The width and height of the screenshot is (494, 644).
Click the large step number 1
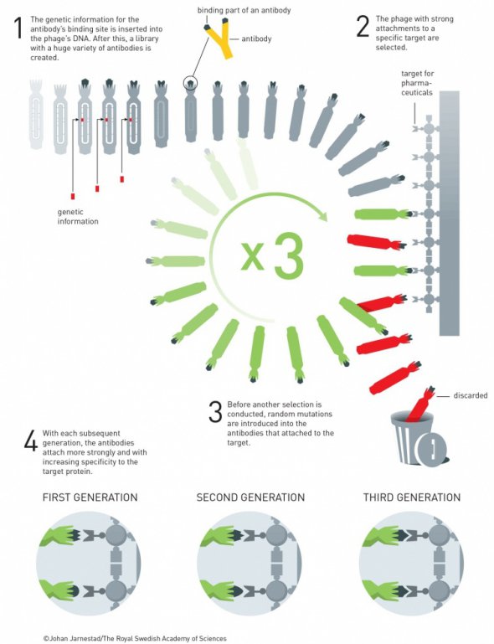[x=18, y=28]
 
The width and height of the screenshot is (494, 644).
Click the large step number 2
[x=363, y=27]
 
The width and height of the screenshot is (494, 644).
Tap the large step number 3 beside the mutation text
[x=215, y=412]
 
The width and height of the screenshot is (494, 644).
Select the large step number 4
[x=31, y=441]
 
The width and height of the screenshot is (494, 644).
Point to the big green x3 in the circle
[x=272, y=255]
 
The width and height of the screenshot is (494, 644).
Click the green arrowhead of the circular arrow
[x=322, y=214]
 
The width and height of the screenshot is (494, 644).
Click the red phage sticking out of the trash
[x=419, y=404]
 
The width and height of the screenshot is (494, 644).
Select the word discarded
[x=471, y=395]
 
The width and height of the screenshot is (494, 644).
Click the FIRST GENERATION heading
[x=90, y=497]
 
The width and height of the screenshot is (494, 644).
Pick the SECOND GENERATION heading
[x=250, y=497]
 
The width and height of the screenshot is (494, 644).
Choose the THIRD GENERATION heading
[x=412, y=497]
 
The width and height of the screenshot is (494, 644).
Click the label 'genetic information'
[x=78, y=216]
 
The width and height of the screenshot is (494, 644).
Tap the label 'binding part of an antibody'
[x=244, y=10]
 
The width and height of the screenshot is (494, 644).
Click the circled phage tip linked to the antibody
[x=190, y=84]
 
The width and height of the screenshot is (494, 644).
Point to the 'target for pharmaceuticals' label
[x=417, y=83]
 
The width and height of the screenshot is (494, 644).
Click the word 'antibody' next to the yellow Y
[x=256, y=39]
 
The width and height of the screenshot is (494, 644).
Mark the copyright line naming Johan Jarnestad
[x=135, y=638]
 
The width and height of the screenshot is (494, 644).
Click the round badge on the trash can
[x=430, y=447]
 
